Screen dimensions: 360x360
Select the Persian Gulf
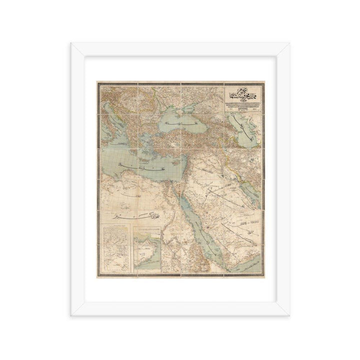coord(250,186)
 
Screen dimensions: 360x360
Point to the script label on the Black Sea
coord(177,122)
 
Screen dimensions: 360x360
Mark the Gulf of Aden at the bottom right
coord(245,267)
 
